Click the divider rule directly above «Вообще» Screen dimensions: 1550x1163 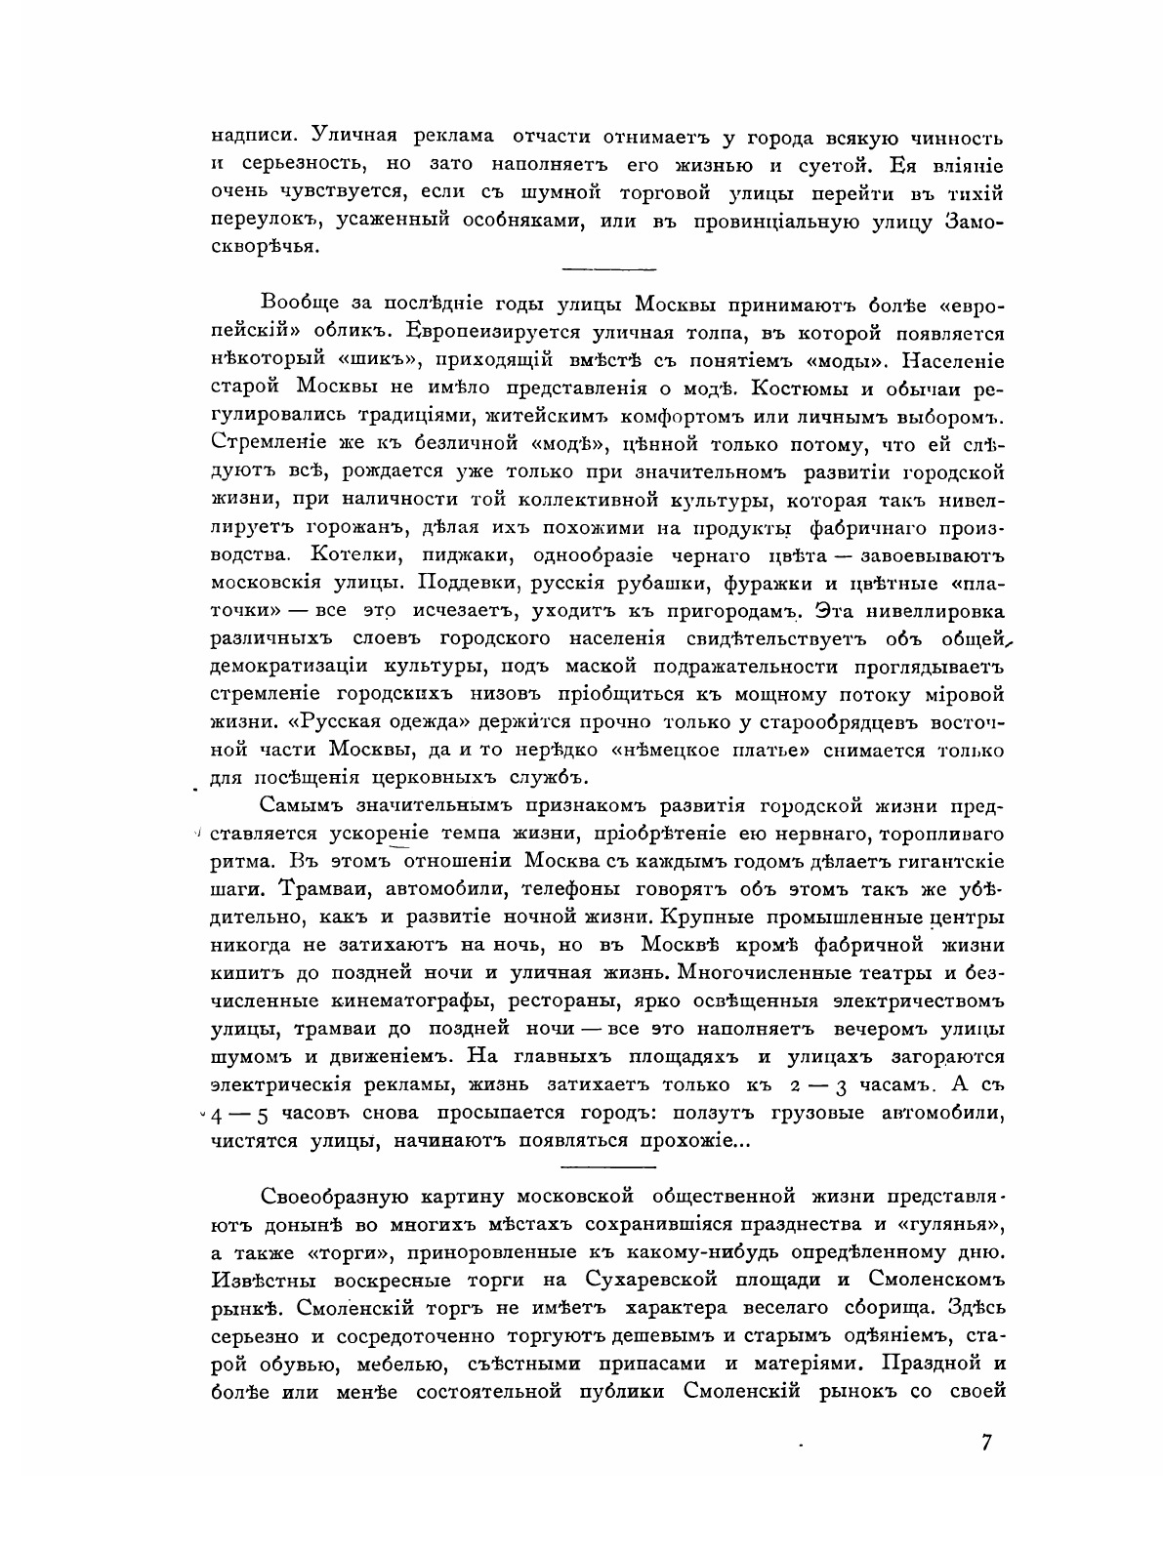tap(609, 268)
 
